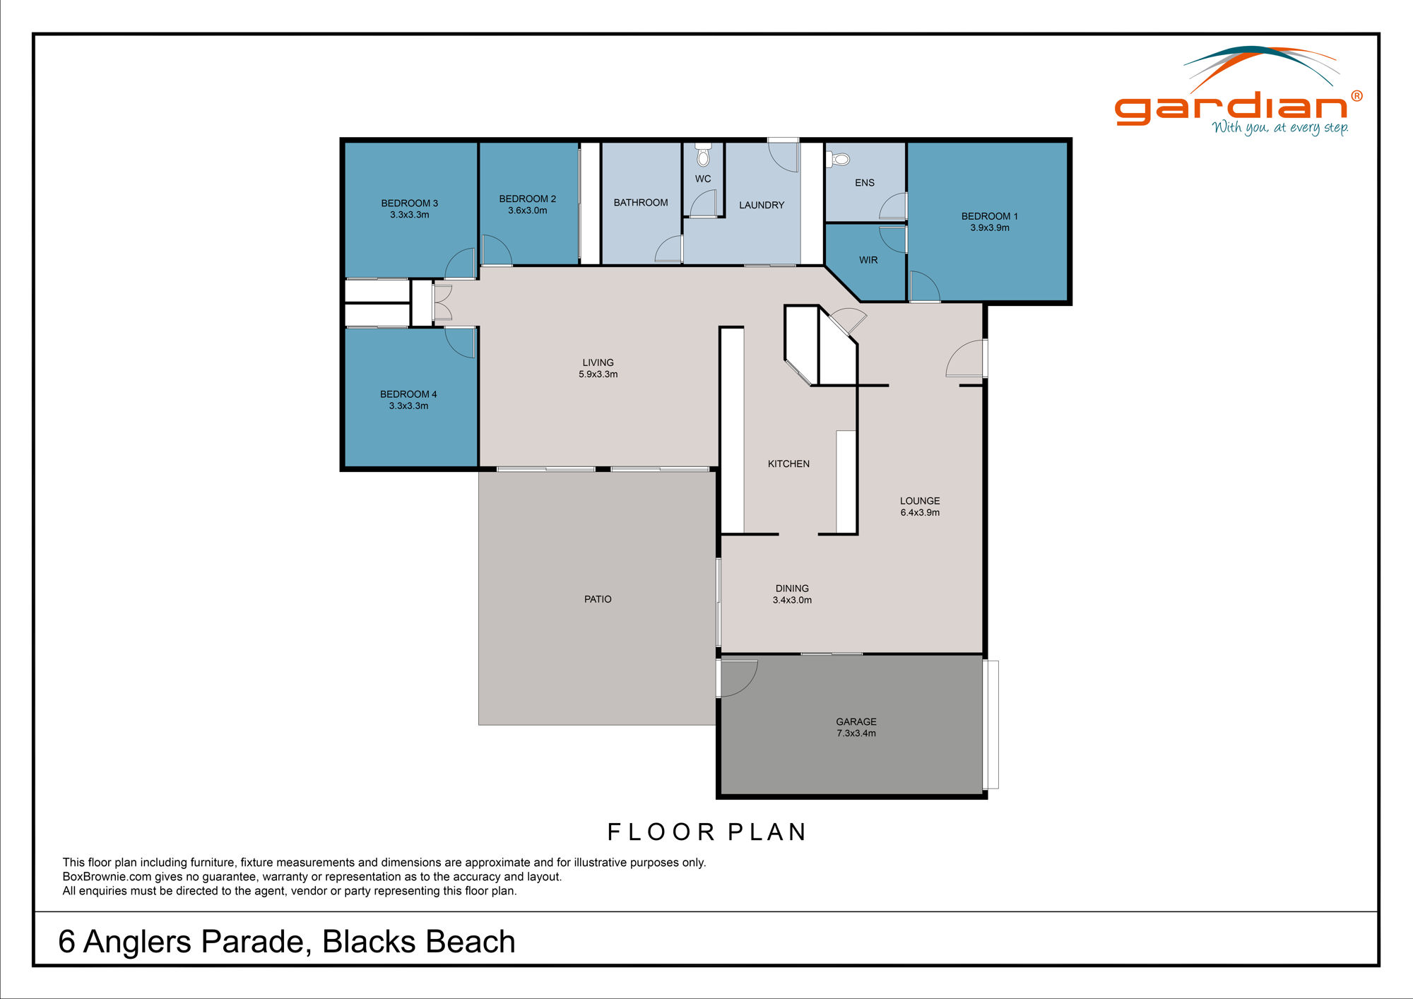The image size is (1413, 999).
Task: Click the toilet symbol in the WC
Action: [x=703, y=155]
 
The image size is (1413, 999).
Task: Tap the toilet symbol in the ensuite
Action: [x=839, y=159]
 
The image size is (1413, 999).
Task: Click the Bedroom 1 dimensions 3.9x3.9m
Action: [x=989, y=227]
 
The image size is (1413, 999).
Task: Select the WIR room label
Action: [x=868, y=260]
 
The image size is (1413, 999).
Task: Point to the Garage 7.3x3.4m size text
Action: [x=856, y=733]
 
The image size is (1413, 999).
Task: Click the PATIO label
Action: [x=598, y=599]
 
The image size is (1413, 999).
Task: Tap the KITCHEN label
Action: [x=788, y=463]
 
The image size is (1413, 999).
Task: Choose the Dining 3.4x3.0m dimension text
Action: [x=792, y=600]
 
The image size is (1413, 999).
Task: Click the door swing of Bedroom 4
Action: [x=461, y=342]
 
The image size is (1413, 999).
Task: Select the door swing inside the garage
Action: [x=738, y=677]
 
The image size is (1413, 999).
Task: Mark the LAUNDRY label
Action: [x=762, y=205]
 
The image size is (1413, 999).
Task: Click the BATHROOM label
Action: [x=641, y=203]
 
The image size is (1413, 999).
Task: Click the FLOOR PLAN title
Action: [x=706, y=832]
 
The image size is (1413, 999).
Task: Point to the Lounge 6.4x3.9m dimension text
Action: [x=920, y=512]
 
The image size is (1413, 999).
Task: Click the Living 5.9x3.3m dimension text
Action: [x=598, y=374]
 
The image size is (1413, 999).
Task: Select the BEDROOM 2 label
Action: [x=528, y=199]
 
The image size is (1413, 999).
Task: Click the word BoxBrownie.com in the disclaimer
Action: [x=107, y=877]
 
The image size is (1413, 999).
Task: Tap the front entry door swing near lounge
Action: [x=965, y=360]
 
